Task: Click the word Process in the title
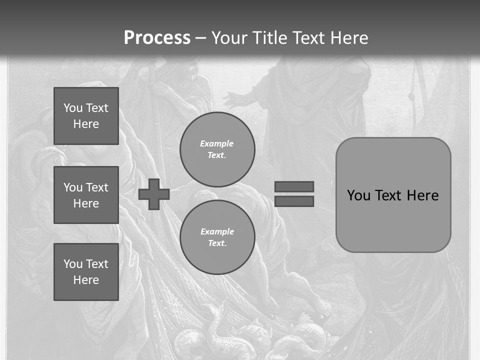click(157, 38)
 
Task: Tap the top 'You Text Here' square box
click(86, 116)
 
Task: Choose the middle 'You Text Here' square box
click(86, 195)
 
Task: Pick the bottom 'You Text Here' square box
click(86, 271)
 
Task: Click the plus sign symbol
click(154, 194)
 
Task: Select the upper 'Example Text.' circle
click(217, 149)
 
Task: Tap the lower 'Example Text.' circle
click(217, 237)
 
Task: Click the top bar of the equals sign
click(294, 186)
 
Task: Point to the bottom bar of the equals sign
click(294, 201)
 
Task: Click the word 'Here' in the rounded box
click(422, 195)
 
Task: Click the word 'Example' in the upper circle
click(217, 143)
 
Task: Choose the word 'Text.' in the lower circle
click(217, 243)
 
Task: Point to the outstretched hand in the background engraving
click(233, 98)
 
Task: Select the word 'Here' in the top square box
click(86, 124)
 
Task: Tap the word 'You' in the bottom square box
click(73, 263)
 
